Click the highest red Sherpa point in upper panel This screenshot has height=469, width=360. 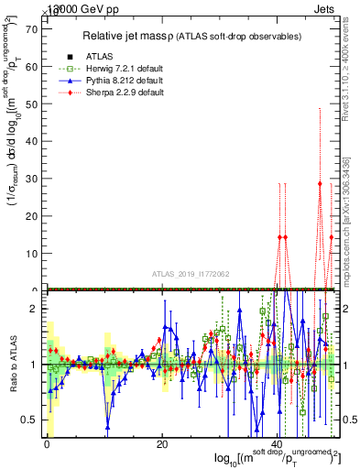pos(320,183)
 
